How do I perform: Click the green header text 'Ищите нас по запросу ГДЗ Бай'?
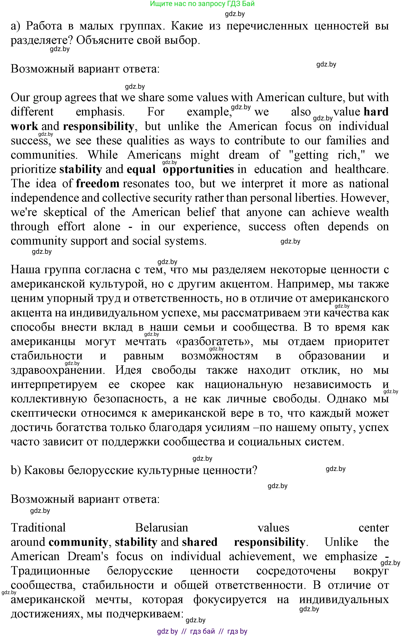click(x=202, y=4)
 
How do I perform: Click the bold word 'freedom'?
click(x=98, y=184)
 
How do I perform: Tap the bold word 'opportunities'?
click(x=198, y=169)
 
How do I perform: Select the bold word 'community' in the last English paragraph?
click(x=78, y=542)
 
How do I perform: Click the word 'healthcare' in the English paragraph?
click(x=361, y=169)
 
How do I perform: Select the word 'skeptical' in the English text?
click(x=65, y=212)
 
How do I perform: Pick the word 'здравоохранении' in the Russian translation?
click(x=58, y=370)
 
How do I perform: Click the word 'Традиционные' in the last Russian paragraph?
click(x=50, y=571)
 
